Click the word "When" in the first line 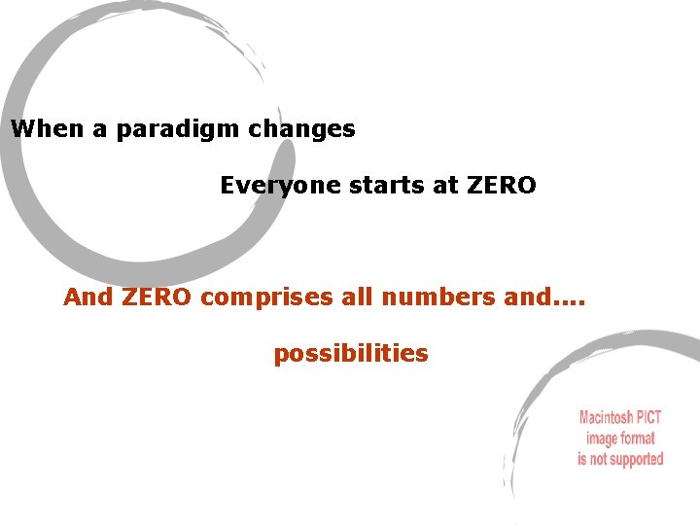tap(49, 128)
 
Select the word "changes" tap(309, 129)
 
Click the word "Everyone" tap(275, 185)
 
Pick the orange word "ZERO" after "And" tap(158, 297)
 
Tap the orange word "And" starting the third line tap(88, 297)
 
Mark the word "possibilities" tap(350, 353)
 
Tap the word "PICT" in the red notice tap(648, 418)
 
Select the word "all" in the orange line tap(357, 297)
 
